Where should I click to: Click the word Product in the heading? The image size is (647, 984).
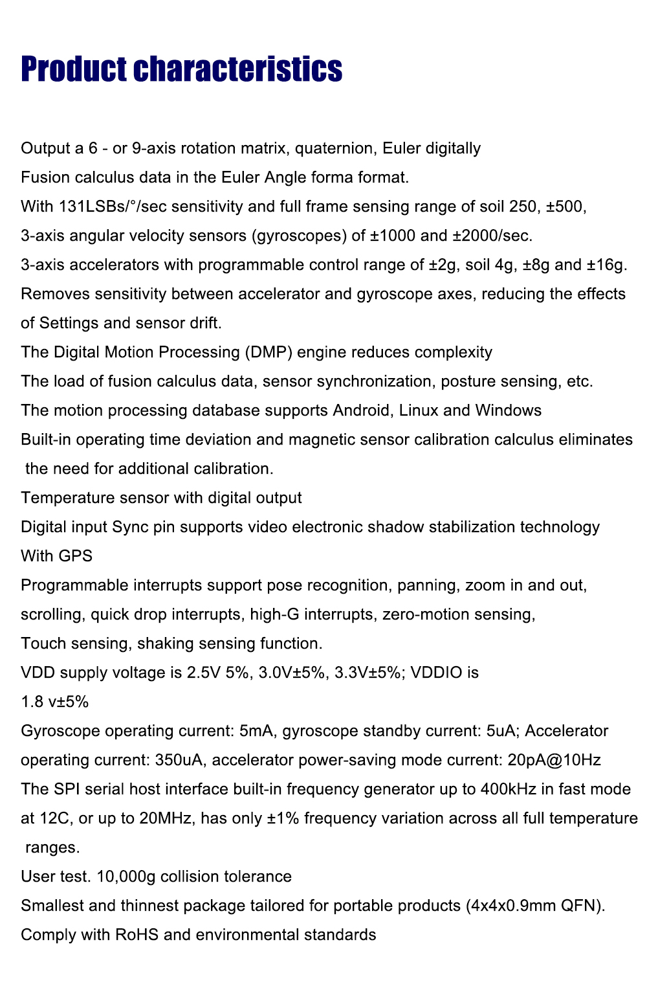(74, 70)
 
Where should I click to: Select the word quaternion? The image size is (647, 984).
(334, 148)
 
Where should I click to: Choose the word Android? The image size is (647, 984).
(361, 410)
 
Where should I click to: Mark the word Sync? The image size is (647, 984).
(130, 527)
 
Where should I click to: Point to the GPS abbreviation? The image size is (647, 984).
(76, 556)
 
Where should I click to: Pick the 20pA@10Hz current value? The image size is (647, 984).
(554, 760)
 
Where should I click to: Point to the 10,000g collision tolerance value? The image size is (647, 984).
(126, 877)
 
